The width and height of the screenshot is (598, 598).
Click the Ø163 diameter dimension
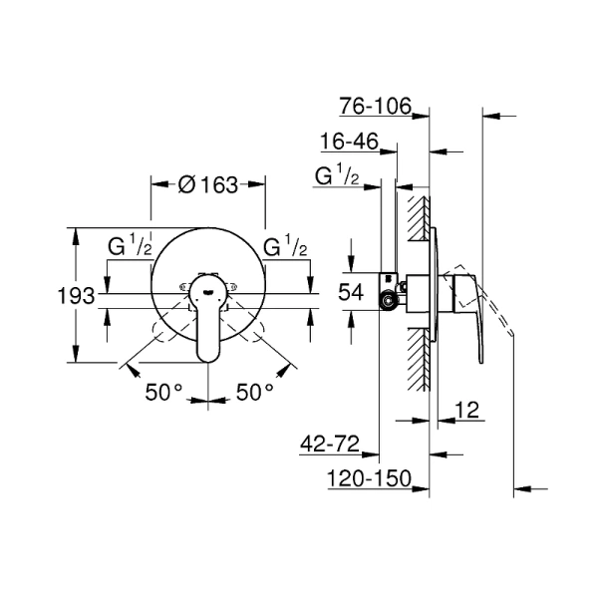coord(206,184)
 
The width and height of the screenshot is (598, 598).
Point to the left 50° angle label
coord(164,393)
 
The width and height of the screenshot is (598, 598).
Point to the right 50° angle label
coord(255,393)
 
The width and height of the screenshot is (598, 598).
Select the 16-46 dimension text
coord(349,143)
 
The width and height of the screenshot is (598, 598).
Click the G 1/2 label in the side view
coord(337,177)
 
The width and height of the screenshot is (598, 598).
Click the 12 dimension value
coord(469,409)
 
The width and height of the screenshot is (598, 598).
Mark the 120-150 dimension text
coord(370,481)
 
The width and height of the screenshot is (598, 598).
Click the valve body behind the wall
coord(394,292)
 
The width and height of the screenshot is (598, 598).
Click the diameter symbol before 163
coord(183,184)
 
